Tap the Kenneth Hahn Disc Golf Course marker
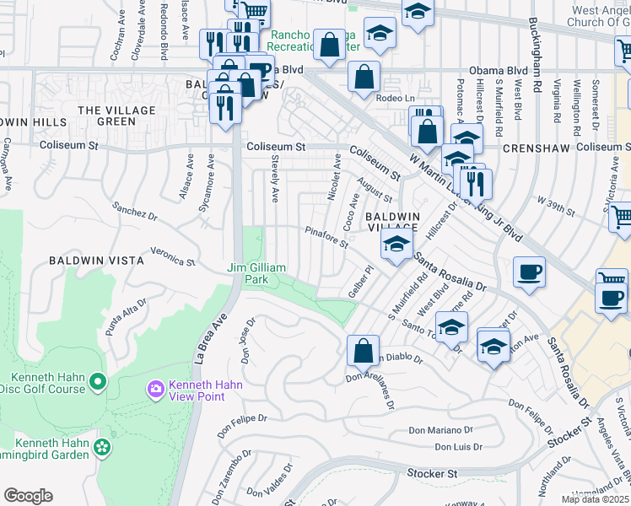[98, 383]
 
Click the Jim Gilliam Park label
[257, 272]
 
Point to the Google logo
[28, 496]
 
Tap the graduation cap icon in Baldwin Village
[394, 245]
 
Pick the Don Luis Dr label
[456, 447]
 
